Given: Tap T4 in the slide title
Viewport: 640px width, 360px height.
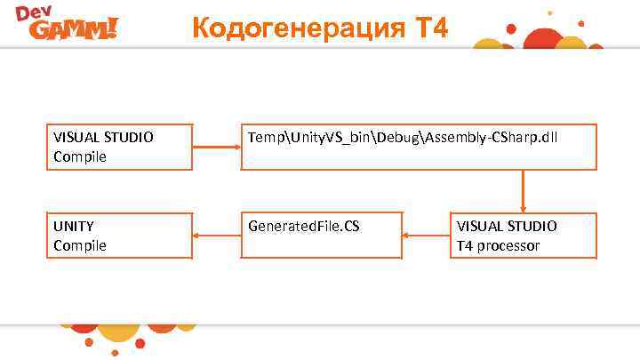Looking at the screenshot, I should [x=430, y=28].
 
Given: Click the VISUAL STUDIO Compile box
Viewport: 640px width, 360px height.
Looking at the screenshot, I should [x=119, y=147].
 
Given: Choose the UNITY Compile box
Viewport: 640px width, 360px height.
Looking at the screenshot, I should [x=119, y=236].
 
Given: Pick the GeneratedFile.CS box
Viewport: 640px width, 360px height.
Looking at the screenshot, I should [x=322, y=236].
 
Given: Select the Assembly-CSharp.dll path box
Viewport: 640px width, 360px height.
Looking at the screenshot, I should [x=419, y=147].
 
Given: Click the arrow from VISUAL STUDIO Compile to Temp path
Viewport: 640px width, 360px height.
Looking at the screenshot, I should [x=217, y=147].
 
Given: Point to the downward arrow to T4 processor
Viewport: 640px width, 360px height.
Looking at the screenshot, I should [x=523, y=191].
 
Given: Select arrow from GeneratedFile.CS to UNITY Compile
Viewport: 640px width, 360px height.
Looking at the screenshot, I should [x=217, y=236].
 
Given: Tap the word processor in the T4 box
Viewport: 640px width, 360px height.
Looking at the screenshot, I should [x=508, y=245].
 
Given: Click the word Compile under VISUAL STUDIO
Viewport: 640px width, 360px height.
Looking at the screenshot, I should [x=80, y=156].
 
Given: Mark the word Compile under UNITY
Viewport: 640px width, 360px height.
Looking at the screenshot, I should [x=80, y=245].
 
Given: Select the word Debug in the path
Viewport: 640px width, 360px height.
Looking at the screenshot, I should [x=399, y=138].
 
